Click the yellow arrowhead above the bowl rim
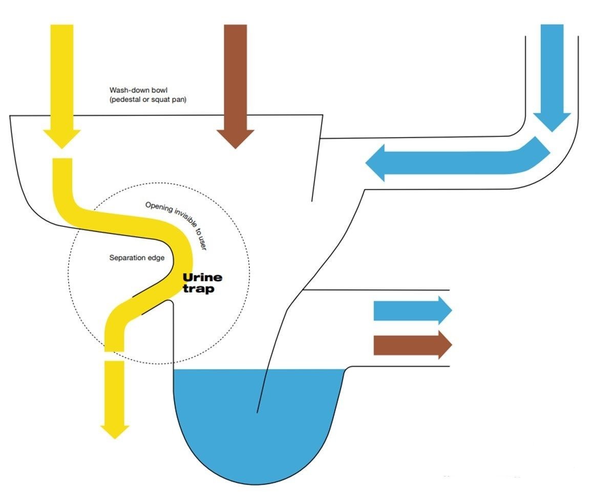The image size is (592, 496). (62, 137)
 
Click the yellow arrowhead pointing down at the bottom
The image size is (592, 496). (114, 429)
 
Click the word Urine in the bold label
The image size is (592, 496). (203, 278)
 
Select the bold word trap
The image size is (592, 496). (199, 289)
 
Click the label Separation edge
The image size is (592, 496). (137, 258)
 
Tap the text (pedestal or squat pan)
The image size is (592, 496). (148, 100)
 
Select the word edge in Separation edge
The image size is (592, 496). (156, 258)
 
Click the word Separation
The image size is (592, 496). (126, 258)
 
